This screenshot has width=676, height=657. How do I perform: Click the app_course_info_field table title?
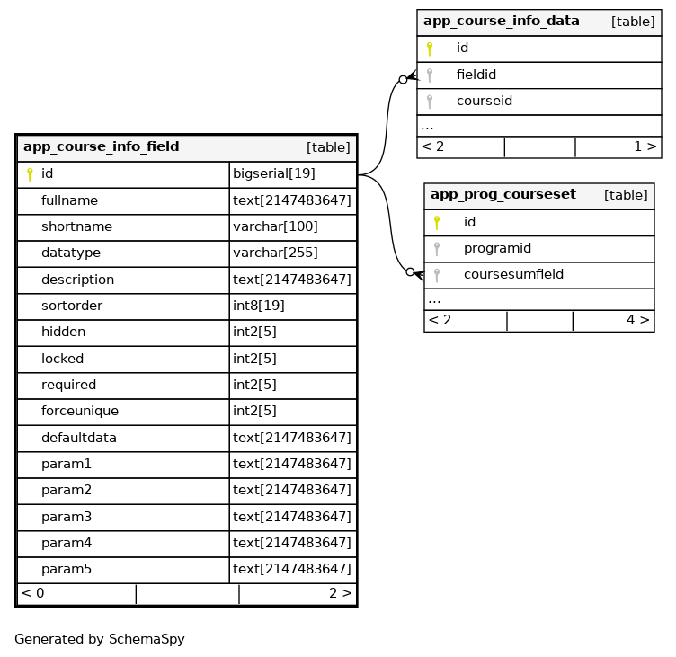click(x=101, y=146)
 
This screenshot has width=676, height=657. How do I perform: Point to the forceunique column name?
click(x=80, y=411)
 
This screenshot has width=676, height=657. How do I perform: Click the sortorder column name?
click(x=72, y=306)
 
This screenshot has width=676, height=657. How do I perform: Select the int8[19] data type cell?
click(x=259, y=306)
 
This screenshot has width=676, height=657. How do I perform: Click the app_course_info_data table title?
click(x=501, y=21)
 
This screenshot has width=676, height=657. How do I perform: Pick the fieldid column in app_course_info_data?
click(x=476, y=75)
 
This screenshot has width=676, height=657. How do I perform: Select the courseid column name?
click(x=485, y=101)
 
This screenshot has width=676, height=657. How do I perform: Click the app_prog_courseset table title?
click(x=503, y=194)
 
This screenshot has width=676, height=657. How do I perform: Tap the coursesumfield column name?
click(x=513, y=274)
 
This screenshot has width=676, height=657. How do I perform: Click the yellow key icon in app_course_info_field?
click(x=29, y=174)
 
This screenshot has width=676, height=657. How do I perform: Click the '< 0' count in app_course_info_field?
click(x=32, y=593)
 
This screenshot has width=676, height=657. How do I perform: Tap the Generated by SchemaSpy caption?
click(x=99, y=639)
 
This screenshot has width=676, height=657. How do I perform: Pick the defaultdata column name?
click(x=79, y=438)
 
